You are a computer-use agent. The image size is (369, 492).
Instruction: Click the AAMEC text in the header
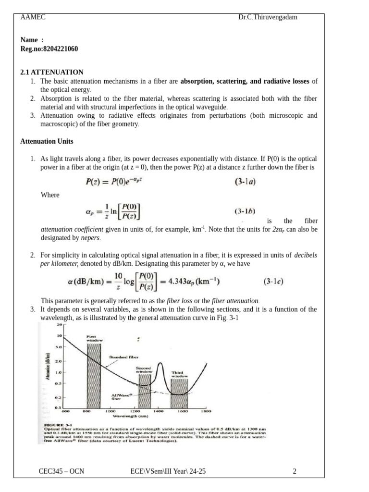[x=33, y=17]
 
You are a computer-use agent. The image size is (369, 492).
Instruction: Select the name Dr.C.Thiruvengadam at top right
[x=268, y=17]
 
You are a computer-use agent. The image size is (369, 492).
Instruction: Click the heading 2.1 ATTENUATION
[x=51, y=72]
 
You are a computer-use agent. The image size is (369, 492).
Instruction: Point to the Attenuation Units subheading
[x=47, y=141]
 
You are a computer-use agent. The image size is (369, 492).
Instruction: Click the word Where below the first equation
[x=50, y=195]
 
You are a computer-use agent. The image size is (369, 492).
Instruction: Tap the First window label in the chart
[x=93, y=338]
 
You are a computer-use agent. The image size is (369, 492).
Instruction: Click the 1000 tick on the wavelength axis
[x=110, y=412]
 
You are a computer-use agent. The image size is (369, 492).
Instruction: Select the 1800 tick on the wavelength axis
[x=206, y=412]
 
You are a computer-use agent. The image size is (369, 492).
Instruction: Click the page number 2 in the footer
[x=295, y=471]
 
